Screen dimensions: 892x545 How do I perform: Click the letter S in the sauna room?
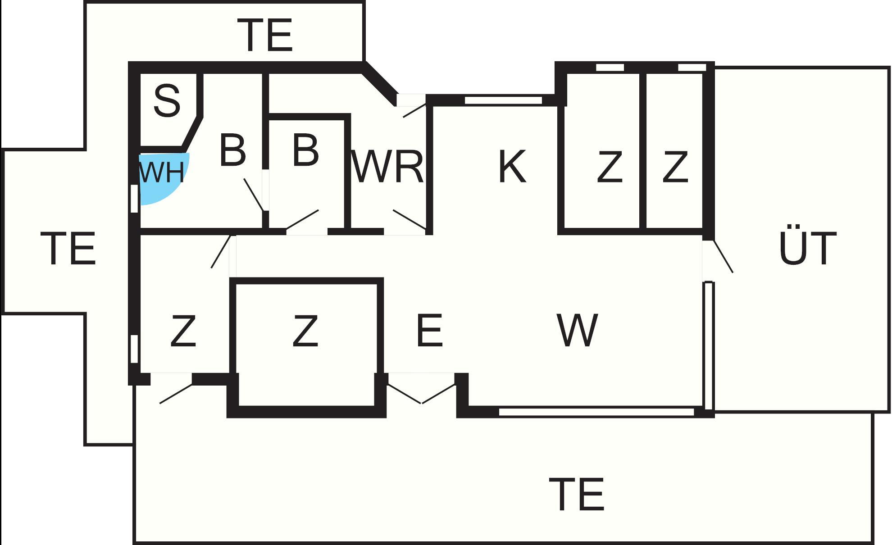167,100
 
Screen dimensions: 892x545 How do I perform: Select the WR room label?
387,167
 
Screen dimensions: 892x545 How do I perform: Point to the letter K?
513,167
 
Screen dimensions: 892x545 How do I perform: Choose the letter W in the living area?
578,331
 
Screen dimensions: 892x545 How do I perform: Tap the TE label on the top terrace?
268,35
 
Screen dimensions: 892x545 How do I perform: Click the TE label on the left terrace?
71,248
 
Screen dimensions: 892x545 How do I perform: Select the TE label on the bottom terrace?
577,495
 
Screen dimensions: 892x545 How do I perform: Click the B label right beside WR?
305,150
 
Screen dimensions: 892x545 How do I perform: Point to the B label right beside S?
232,150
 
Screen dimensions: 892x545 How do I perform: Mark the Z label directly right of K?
610,167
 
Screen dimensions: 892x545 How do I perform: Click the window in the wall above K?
503,100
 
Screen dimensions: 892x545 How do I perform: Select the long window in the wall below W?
596,412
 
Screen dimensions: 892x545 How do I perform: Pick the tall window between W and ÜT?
709,345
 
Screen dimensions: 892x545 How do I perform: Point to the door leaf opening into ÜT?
723,256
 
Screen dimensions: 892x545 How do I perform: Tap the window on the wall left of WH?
134,198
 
